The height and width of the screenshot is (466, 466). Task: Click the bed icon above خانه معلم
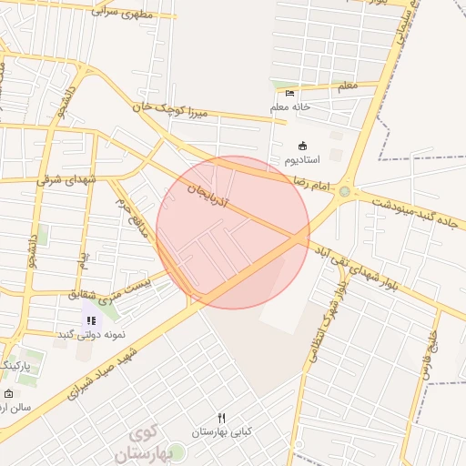point(289,93)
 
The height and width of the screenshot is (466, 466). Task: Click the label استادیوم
point(303,160)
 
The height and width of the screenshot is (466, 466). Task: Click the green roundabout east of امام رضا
point(344,191)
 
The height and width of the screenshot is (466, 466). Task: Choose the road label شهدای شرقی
point(66,179)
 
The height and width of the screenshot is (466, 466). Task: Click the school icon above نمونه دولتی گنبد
point(91,319)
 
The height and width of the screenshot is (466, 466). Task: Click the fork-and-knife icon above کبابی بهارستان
point(221,417)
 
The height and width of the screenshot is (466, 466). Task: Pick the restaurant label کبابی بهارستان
point(221,431)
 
